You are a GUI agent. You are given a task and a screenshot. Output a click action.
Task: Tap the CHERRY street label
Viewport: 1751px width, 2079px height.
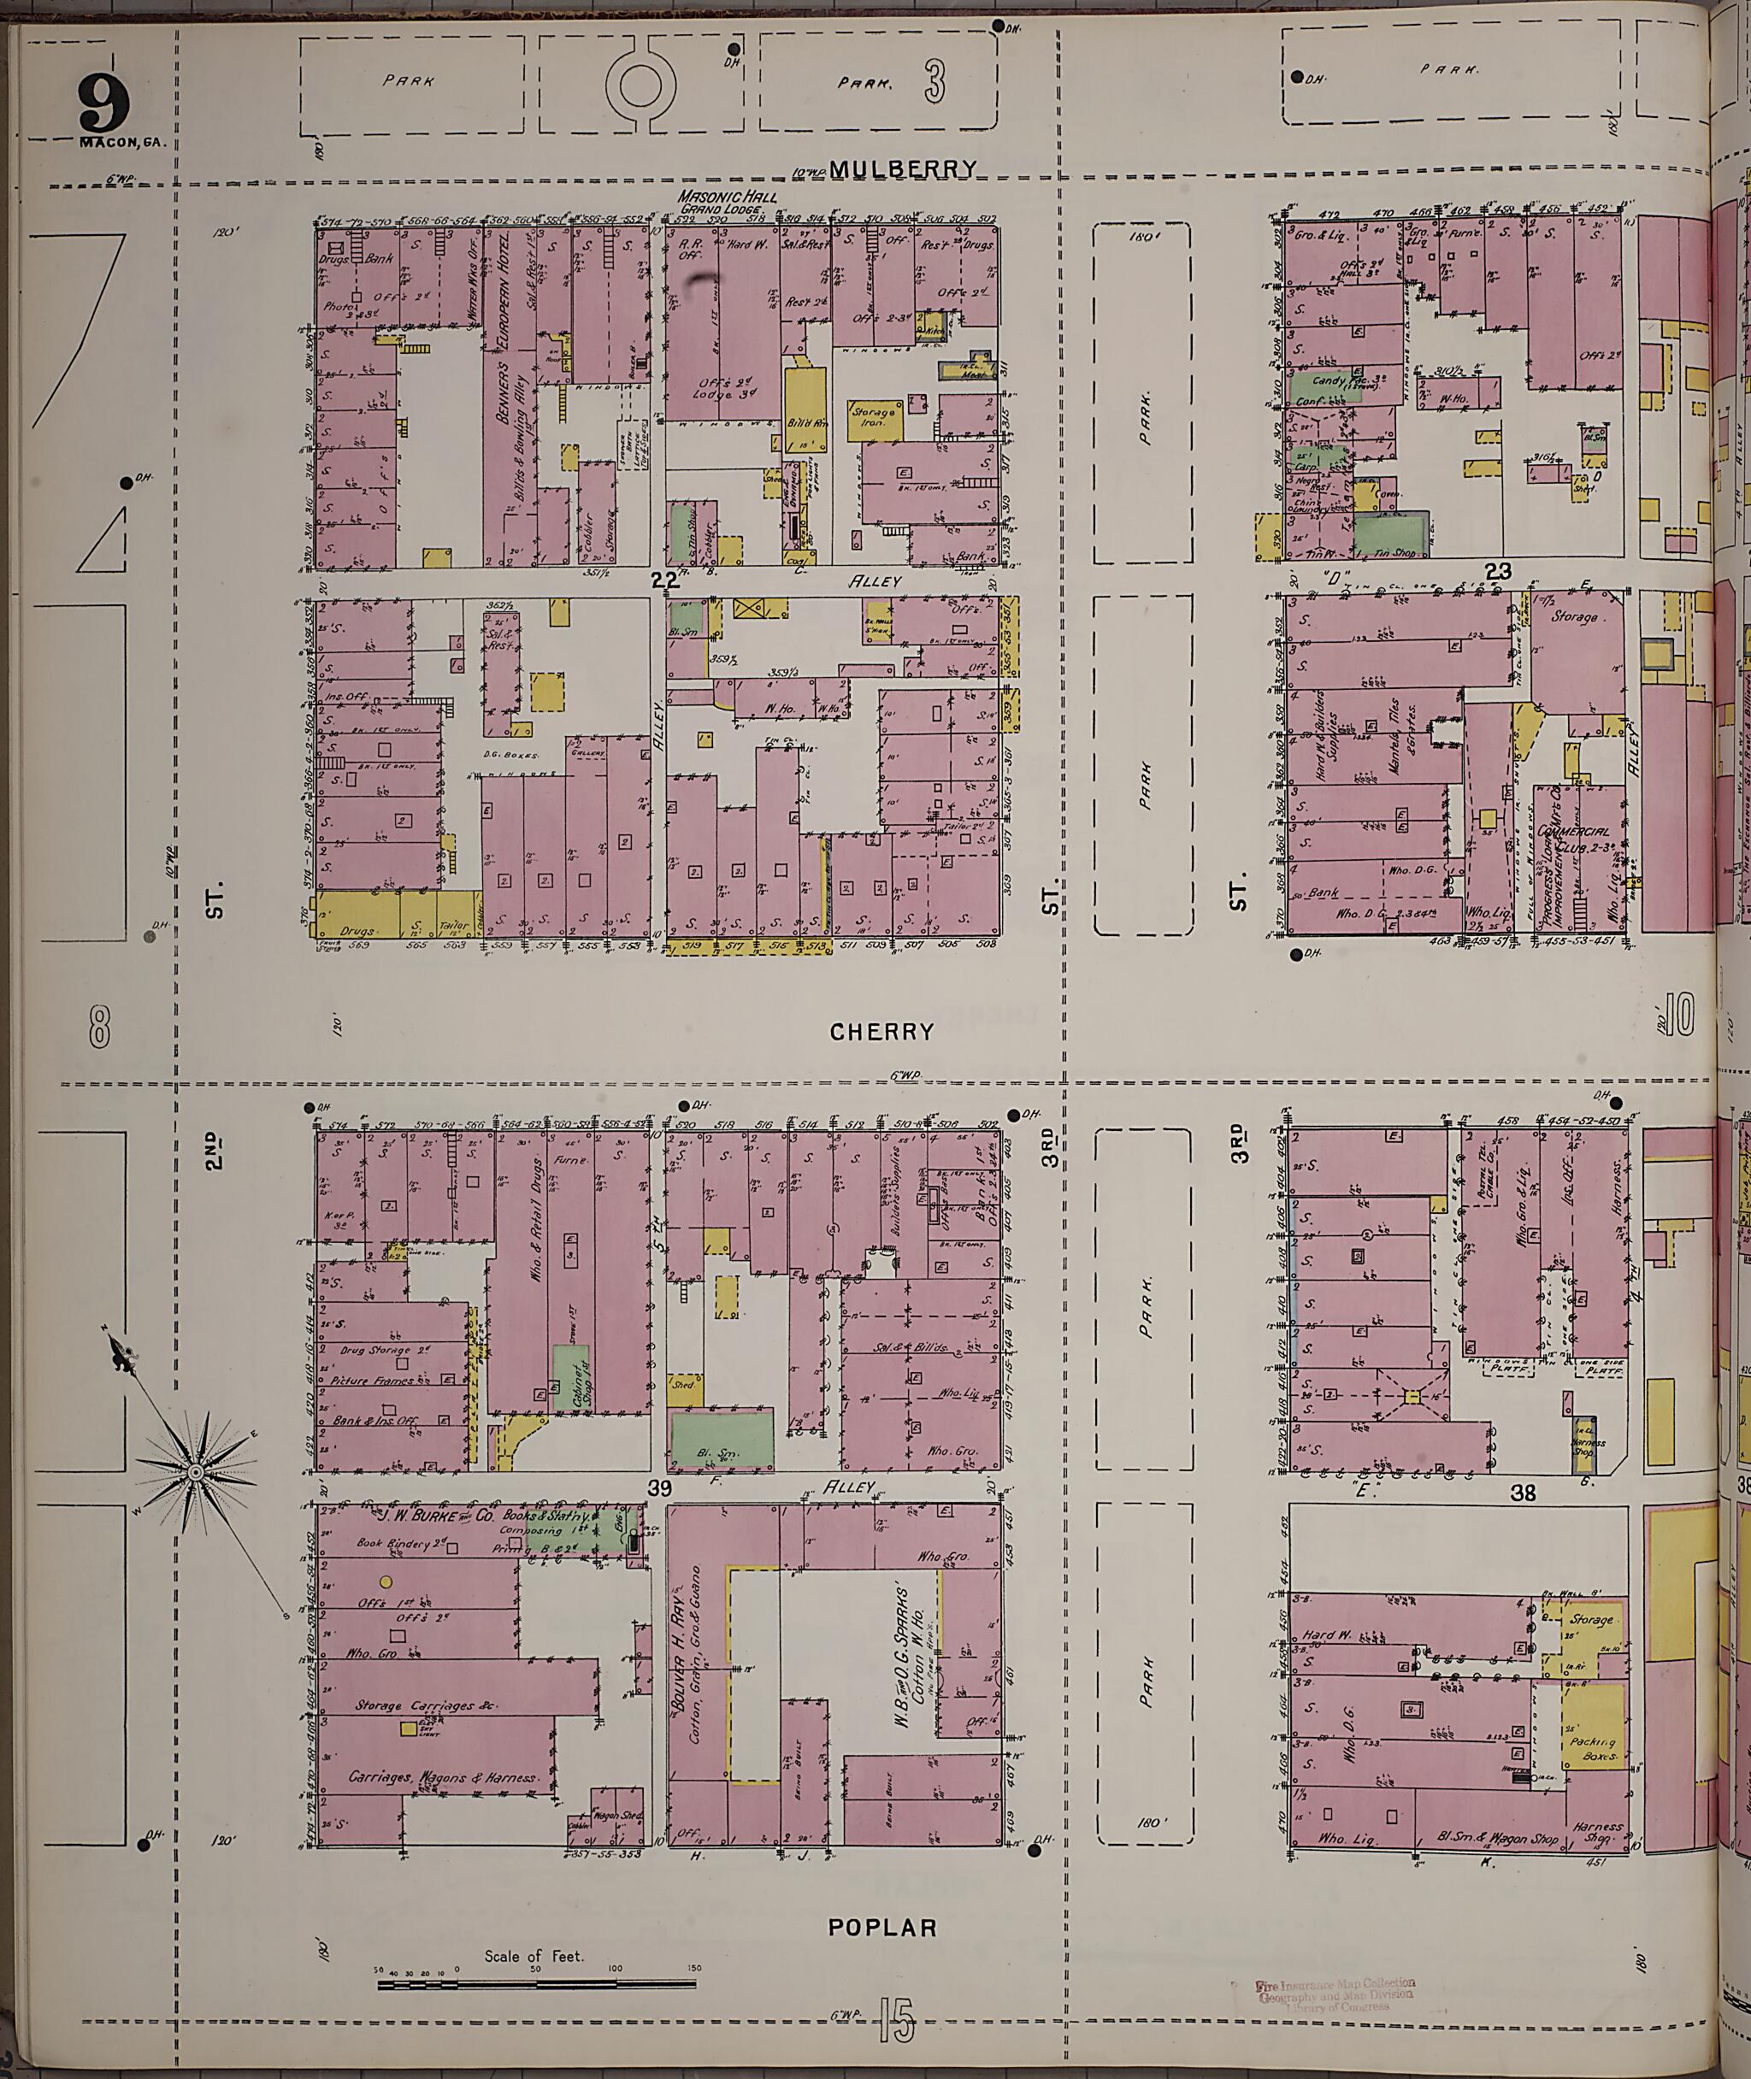coord(881,1032)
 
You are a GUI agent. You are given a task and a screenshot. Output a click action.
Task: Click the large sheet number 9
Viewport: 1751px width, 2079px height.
coord(105,104)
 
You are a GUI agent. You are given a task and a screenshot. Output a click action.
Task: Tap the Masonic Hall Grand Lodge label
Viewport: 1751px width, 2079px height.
coord(728,203)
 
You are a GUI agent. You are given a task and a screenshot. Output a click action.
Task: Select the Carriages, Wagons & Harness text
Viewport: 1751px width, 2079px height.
coord(442,1777)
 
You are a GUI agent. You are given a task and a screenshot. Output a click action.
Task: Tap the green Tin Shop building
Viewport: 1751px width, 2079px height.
coord(1392,534)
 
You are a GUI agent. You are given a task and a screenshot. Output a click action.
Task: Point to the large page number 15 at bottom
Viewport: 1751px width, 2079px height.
coord(895,2024)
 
